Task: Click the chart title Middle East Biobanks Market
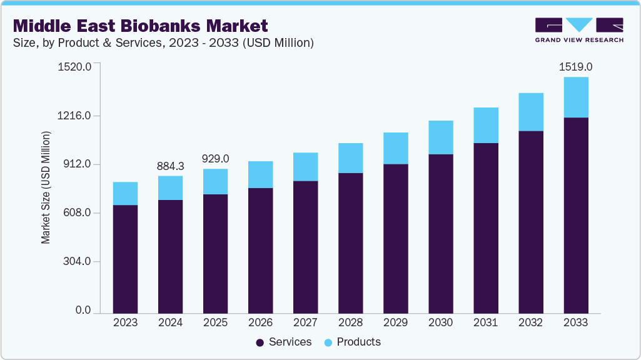(x=140, y=26)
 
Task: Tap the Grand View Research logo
(x=579, y=29)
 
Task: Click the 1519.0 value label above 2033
(x=575, y=67)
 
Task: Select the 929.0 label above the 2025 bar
(x=215, y=159)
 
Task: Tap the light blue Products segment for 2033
(x=575, y=97)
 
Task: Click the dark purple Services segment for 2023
(x=125, y=259)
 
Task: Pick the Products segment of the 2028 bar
(x=350, y=158)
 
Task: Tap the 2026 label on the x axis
(x=260, y=322)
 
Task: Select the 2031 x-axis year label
(x=485, y=322)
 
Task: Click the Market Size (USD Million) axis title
(x=46, y=187)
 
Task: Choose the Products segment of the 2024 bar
(x=170, y=188)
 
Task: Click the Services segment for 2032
(x=530, y=222)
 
